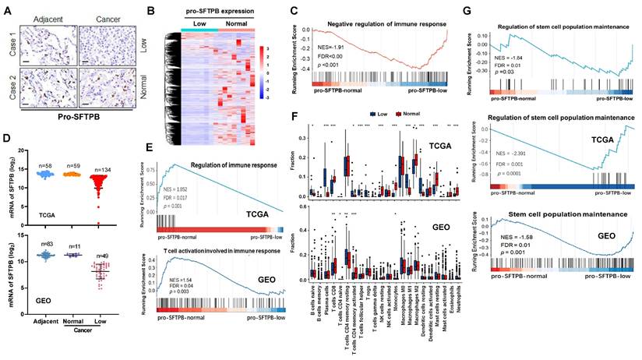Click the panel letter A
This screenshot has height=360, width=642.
tap(7, 10)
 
